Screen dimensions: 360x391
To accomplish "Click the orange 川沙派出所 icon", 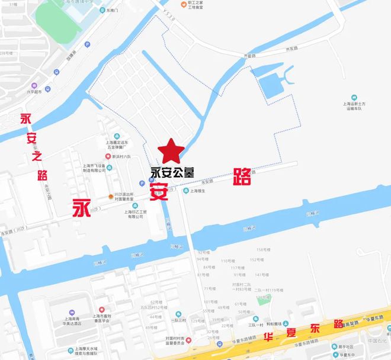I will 111,197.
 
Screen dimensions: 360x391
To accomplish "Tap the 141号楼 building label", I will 262,275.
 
